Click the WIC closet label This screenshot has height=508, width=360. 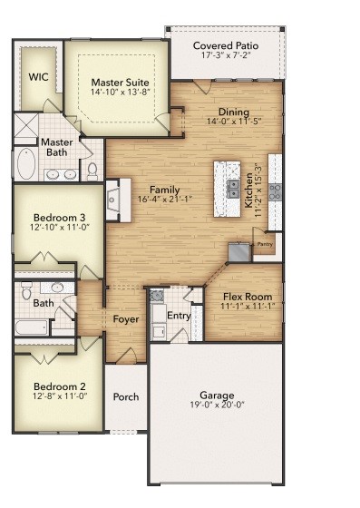tap(38, 78)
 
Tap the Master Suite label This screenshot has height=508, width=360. tap(120, 83)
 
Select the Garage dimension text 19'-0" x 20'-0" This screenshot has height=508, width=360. tap(218, 407)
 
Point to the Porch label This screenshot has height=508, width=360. tap(125, 397)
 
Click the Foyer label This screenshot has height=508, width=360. tap(125, 318)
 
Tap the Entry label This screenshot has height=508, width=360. tap(179, 315)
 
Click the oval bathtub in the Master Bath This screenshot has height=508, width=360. tap(24, 166)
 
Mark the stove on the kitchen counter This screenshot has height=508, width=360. tap(276, 190)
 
